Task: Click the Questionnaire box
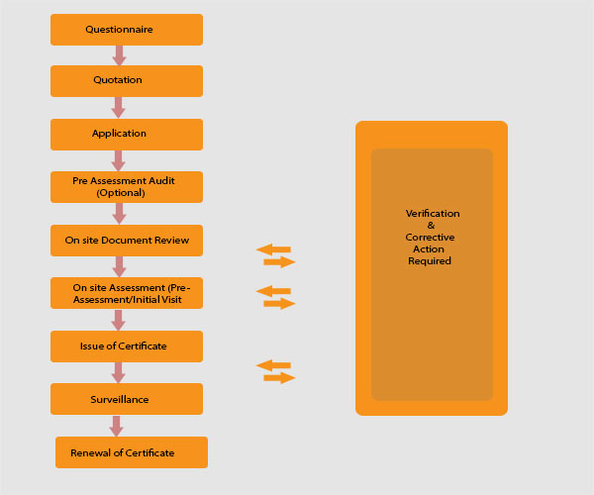point(127,30)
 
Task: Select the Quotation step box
point(127,81)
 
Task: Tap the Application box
point(127,134)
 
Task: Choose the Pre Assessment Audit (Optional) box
point(127,187)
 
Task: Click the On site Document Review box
point(127,240)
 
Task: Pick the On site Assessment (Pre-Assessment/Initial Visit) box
point(127,293)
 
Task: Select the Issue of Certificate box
point(127,346)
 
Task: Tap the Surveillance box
point(127,399)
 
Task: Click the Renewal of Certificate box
point(132,452)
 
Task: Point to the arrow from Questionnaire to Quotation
point(119,55)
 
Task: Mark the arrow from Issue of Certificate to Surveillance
point(119,372)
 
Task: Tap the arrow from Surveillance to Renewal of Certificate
point(117,426)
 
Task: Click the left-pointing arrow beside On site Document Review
point(273,249)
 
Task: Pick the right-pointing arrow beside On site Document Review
point(280,262)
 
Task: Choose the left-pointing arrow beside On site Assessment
point(273,291)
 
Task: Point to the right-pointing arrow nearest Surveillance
point(280,378)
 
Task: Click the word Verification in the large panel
point(433,214)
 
